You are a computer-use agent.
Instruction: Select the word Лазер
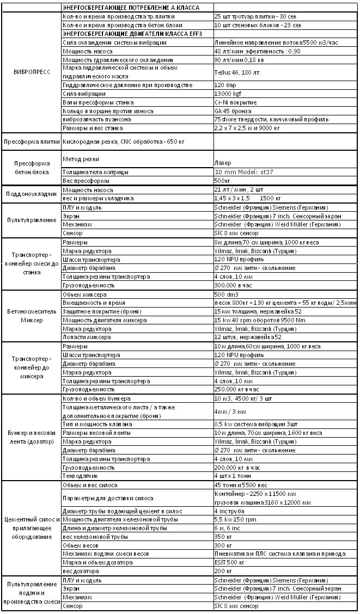222,162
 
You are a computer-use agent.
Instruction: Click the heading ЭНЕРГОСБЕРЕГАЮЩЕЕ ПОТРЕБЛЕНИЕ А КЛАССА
131,8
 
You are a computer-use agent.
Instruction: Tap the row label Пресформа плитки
30,142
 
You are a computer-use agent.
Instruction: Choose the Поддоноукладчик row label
30,194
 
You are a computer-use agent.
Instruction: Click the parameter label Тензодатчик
81,476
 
